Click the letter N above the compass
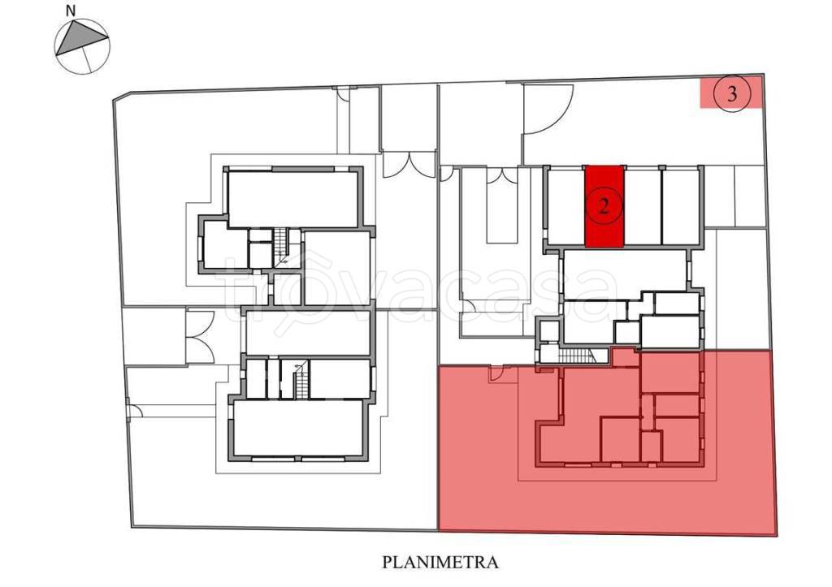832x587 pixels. point(71,10)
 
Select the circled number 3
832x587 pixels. point(732,94)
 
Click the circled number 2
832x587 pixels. point(604,206)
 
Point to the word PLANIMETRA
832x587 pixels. point(440,562)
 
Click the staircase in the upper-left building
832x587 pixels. point(280,248)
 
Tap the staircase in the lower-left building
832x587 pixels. point(301,378)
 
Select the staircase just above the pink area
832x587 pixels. point(578,356)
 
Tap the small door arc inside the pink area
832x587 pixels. point(496,374)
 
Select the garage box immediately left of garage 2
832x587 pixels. point(565,207)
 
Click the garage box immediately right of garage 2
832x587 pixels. point(643,207)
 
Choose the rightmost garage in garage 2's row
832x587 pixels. point(681,207)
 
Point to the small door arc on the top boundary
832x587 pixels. point(344,94)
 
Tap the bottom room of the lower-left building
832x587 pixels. point(298,428)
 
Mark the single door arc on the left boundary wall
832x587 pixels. point(134,411)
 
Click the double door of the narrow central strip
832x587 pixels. point(501,176)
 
